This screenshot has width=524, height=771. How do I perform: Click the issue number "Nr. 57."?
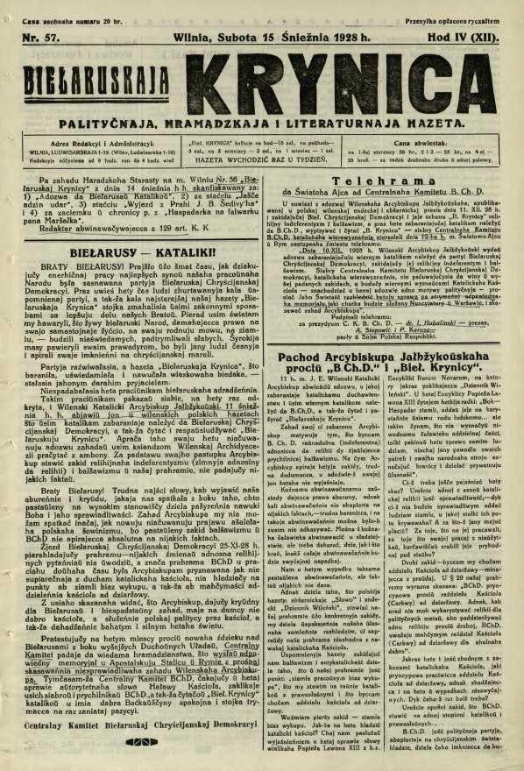pos(43,39)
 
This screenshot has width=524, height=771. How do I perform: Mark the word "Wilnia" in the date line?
pos(201,39)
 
